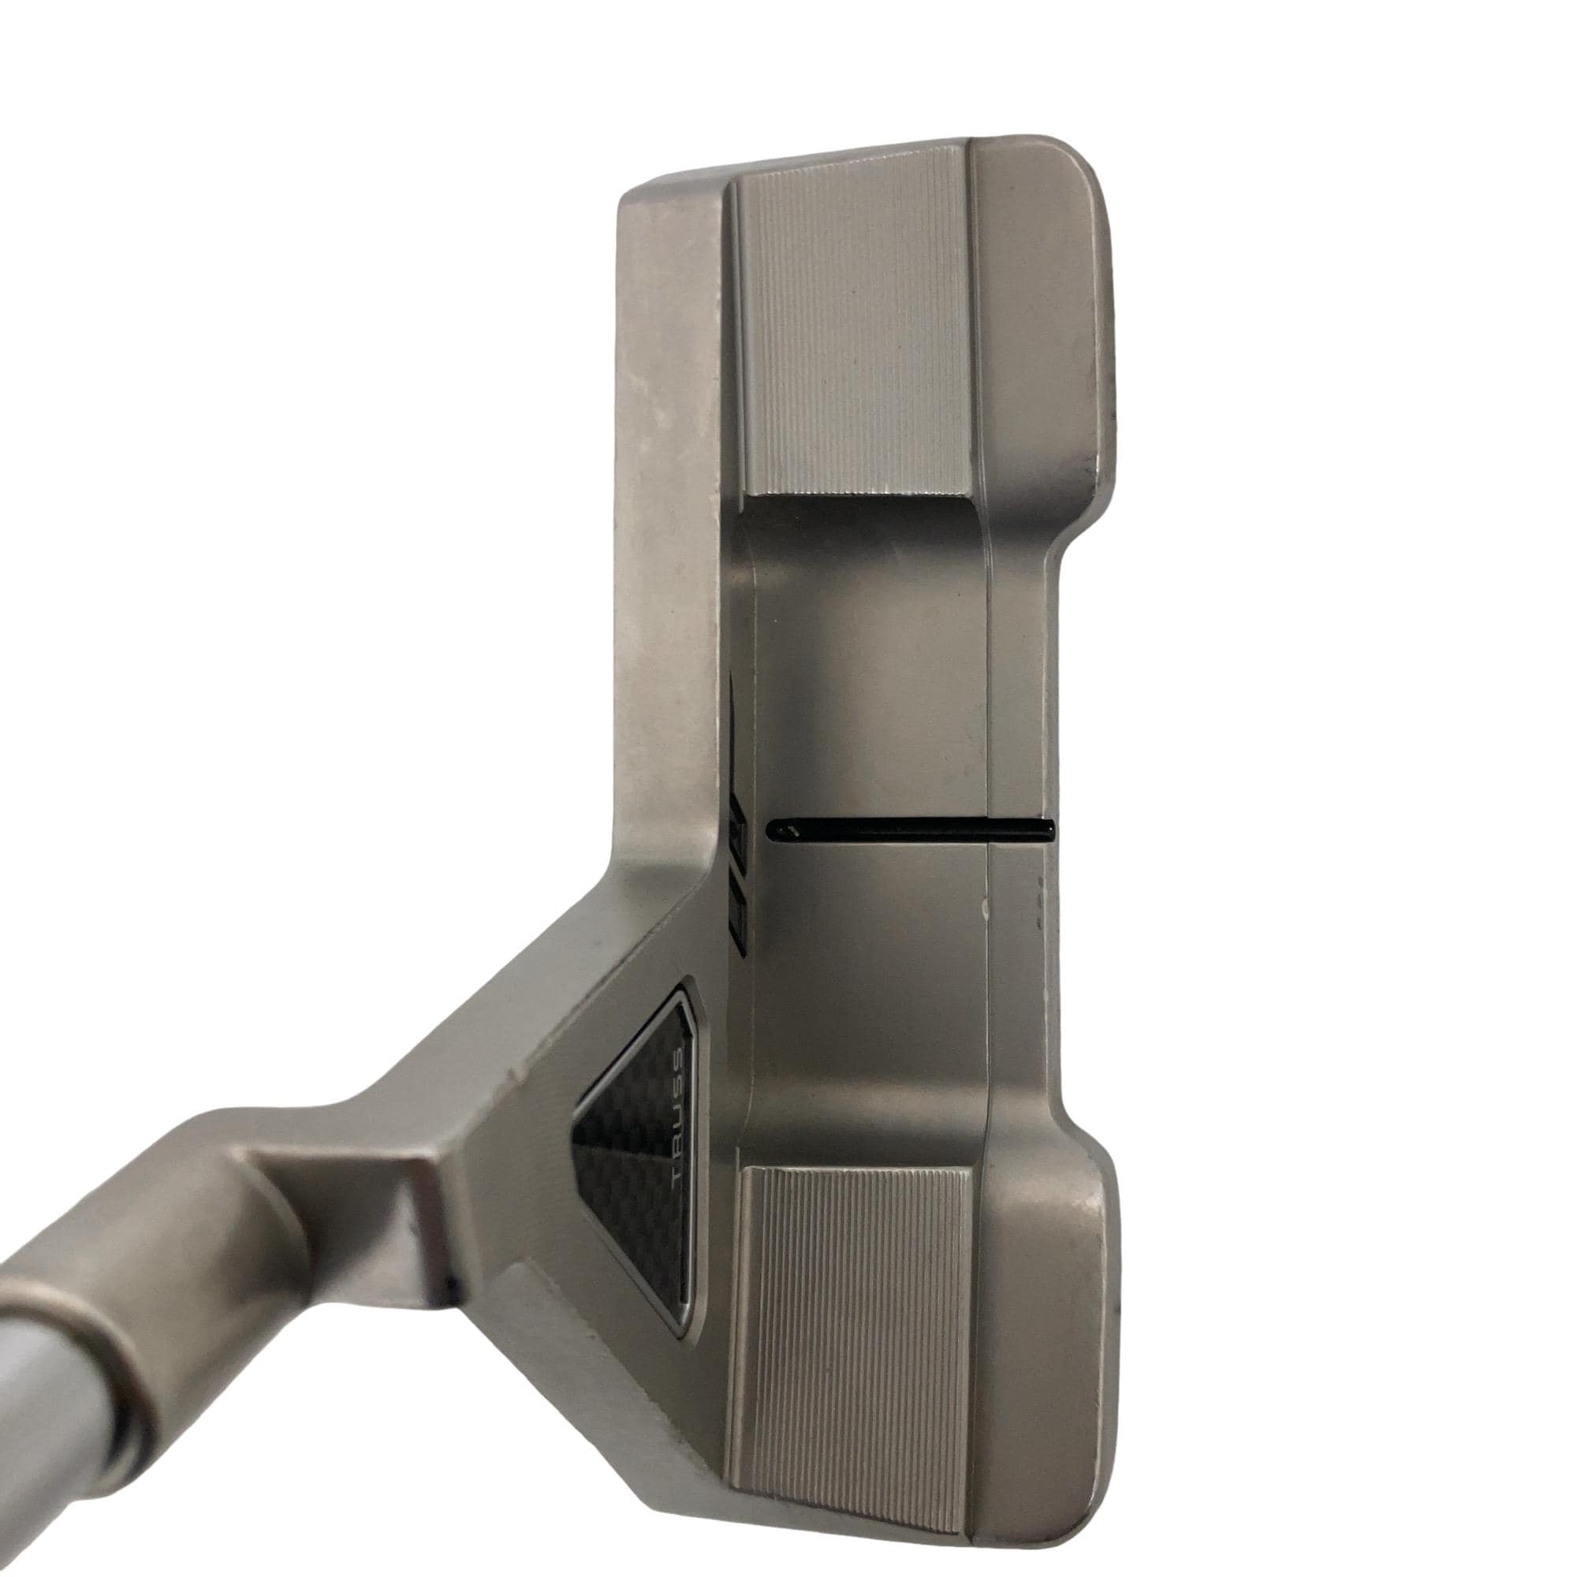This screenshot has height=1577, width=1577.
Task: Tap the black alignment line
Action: click(911, 831)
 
